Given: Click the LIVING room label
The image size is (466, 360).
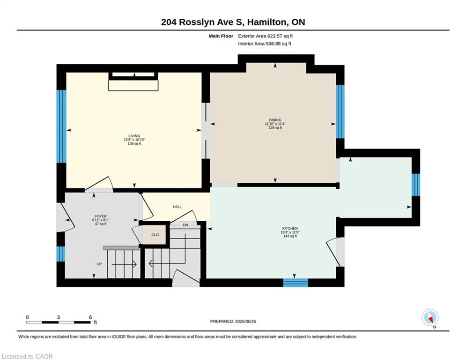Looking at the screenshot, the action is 134,136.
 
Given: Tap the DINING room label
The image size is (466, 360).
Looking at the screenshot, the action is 275,120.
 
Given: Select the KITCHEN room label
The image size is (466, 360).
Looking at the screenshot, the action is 290,228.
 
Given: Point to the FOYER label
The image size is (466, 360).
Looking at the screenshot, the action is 100,216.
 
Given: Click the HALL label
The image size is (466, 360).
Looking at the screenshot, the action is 177,207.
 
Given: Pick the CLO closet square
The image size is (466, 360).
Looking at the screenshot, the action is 155,235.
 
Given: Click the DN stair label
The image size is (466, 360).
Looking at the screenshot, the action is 185,225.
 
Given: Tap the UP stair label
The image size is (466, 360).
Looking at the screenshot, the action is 99,264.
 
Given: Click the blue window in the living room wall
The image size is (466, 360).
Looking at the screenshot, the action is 61,126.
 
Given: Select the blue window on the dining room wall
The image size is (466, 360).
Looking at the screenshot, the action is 340,112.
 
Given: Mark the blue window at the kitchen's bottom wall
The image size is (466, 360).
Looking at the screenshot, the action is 296,283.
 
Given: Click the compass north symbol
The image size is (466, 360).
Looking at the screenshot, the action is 430,318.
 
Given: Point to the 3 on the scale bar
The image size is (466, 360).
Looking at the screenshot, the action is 59,317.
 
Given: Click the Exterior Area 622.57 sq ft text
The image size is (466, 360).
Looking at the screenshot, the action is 266,36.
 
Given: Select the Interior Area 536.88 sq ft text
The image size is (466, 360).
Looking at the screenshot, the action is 265,44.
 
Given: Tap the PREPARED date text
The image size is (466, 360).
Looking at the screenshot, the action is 233,321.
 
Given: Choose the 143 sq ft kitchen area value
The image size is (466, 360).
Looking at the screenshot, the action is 290,236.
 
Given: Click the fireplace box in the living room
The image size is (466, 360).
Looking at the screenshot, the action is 133,82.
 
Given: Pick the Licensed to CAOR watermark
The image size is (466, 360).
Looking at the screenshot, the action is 27,356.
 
